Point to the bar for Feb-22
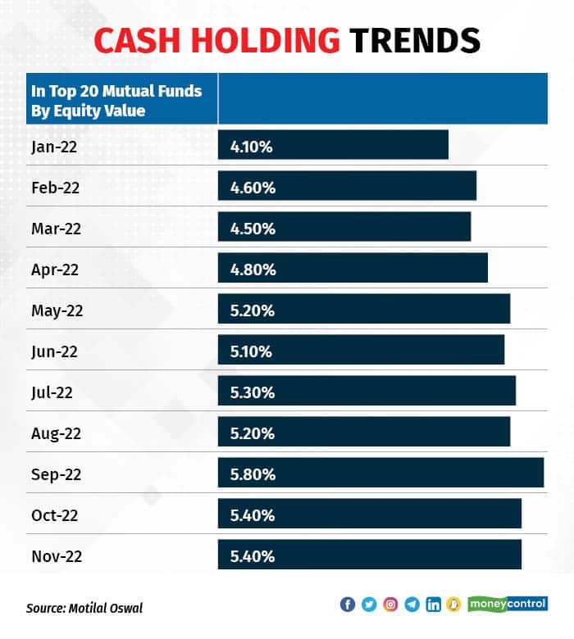pos(347,186)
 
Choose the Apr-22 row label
pos(56,270)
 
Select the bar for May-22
pos(364,309)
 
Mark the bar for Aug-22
pos(364,432)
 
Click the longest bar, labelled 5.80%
pos(380,473)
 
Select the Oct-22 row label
pos(56,515)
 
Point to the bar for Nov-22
pos(369,555)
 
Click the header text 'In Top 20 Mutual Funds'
pos(116,91)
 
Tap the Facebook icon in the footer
pos(347,605)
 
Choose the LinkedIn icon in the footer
pos(433,605)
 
